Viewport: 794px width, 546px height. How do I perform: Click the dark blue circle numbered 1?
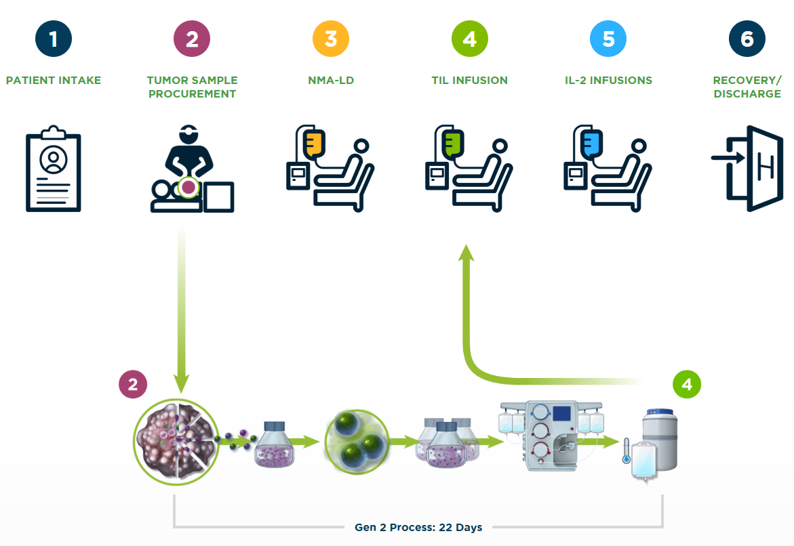(x=53, y=39)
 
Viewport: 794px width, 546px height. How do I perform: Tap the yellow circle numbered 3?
(x=330, y=39)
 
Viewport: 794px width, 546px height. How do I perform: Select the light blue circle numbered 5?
(x=608, y=39)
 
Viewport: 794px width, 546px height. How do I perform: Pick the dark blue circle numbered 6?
(x=747, y=39)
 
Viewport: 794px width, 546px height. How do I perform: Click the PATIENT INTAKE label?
(x=54, y=80)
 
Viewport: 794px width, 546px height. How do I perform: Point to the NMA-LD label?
(x=331, y=80)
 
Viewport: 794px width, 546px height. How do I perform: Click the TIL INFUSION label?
(x=469, y=80)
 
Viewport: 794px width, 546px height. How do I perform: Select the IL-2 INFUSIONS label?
(x=608, y=80)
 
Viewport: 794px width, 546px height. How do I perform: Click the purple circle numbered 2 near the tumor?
(x=133, y=385)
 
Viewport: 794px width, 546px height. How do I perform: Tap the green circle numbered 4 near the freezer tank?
(x=687, y=385)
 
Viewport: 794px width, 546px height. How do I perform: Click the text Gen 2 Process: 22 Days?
(x=418, y=527)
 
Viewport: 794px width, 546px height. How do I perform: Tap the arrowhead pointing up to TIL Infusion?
(x=465, y=253)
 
